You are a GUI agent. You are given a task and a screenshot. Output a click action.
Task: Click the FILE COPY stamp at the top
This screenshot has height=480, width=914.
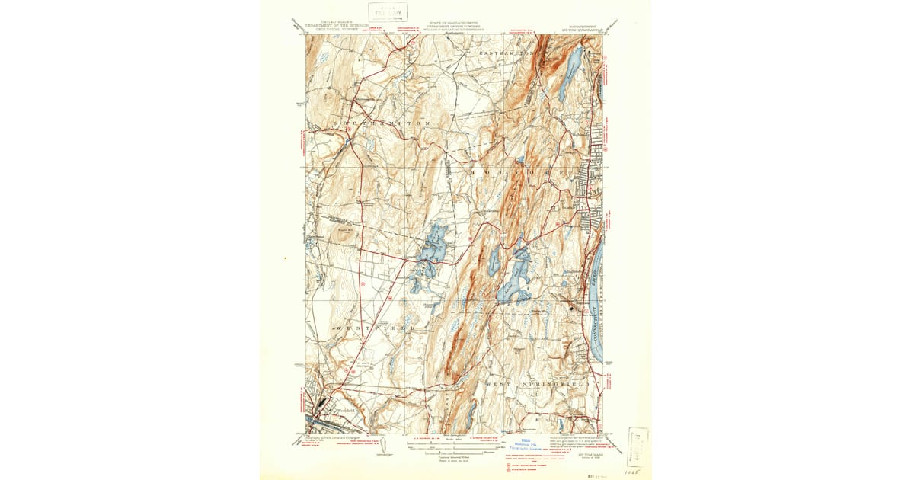click(x=388, y=11)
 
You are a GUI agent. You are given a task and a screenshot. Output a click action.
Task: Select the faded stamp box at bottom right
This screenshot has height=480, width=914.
click(x=638, y=446)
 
